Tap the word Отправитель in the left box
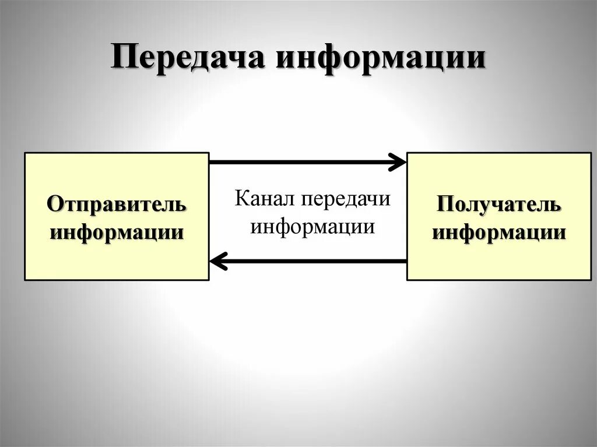(117, 205)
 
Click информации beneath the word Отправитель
(117, 233)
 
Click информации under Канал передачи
(312, 226)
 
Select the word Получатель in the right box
(499, 205)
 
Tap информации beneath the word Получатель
(499, 233)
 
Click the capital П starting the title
(122, 59)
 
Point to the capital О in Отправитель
(54, 205)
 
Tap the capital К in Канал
(241, 198)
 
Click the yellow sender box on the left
(117, 256)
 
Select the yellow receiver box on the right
(499, 256)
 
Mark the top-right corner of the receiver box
(591, 153)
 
